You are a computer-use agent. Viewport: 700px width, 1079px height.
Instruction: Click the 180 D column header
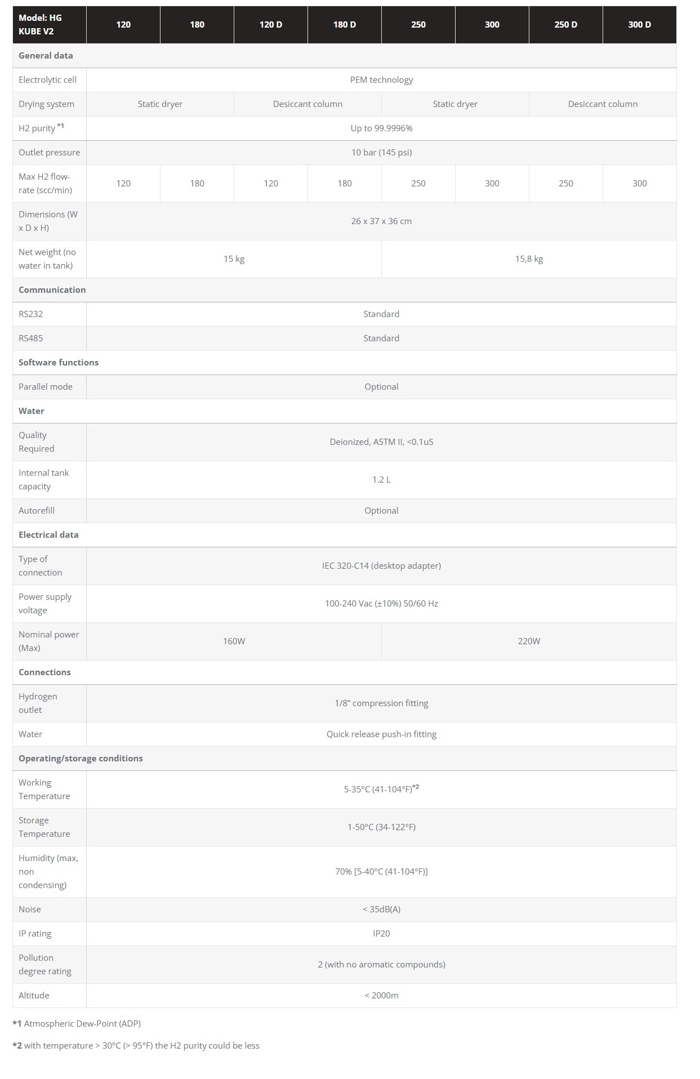(x=345, y=25)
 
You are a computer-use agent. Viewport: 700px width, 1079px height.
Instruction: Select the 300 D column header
(x=639, y=25)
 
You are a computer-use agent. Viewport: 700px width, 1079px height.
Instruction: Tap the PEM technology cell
(x=381, y=80)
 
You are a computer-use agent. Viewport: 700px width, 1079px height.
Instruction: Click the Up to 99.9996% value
(x=381, y=128)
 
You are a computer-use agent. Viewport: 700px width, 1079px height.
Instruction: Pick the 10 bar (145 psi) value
(x=381, y=153)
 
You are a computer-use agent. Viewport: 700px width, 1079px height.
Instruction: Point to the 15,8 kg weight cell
(x=529, y=259)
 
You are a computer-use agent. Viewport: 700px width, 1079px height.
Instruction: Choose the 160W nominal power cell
(x=234, y=641)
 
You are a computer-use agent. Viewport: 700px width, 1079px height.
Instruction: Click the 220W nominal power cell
(x=529, y=641)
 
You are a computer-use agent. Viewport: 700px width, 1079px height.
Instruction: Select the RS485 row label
(x=31, y=338)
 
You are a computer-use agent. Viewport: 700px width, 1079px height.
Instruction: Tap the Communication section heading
(x=52, y=290)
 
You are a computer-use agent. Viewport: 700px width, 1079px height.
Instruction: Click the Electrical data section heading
(x=48, y=535)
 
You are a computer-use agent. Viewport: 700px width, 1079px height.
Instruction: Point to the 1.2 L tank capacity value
(x=381, y=480)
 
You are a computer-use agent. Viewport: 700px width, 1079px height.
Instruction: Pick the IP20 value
(x=381, y=934)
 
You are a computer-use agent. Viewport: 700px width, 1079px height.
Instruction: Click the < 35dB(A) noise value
(x=381, y=909)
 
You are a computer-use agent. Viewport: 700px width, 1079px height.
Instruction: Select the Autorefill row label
(x=37, y=511)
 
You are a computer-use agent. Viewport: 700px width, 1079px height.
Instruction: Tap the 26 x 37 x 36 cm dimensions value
(x=381, y=221)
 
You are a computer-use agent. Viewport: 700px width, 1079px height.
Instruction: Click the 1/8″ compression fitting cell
(x=381, y=703)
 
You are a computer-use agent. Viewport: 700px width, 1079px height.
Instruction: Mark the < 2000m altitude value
(x=381, y=996)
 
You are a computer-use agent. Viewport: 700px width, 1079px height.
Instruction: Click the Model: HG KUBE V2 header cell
(x=41, y=25)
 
